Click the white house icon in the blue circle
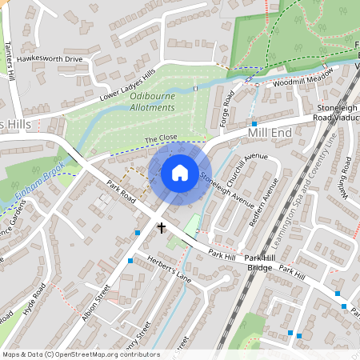tap(180, 172)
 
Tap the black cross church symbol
tap(161, 228)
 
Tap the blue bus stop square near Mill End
tap(254, 124)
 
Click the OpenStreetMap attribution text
tap(80, 354)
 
